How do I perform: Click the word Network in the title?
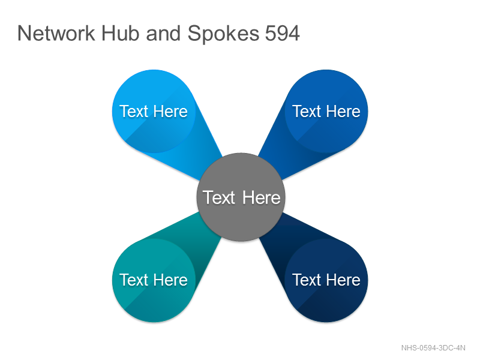coord(56,33)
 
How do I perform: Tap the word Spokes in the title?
coord(223,34)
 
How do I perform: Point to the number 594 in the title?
coord(282,33)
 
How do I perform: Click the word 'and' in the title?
coord(163,33)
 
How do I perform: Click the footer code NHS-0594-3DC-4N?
coord(433,348)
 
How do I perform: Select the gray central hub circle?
coord(241,197)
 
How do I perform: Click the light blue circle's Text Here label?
coord(154,111)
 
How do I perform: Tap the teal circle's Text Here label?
coord(154,280)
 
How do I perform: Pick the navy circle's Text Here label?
coord(326,280)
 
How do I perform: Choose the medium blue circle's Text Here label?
coord(326,111)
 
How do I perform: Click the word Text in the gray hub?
coord(219,197)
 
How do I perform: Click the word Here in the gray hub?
coord(262,197)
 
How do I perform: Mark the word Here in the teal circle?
coord(170,280)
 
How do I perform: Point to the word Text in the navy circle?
coord(307,280)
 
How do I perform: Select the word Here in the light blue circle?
coord(170,111)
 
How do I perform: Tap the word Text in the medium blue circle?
coord(307,111)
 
